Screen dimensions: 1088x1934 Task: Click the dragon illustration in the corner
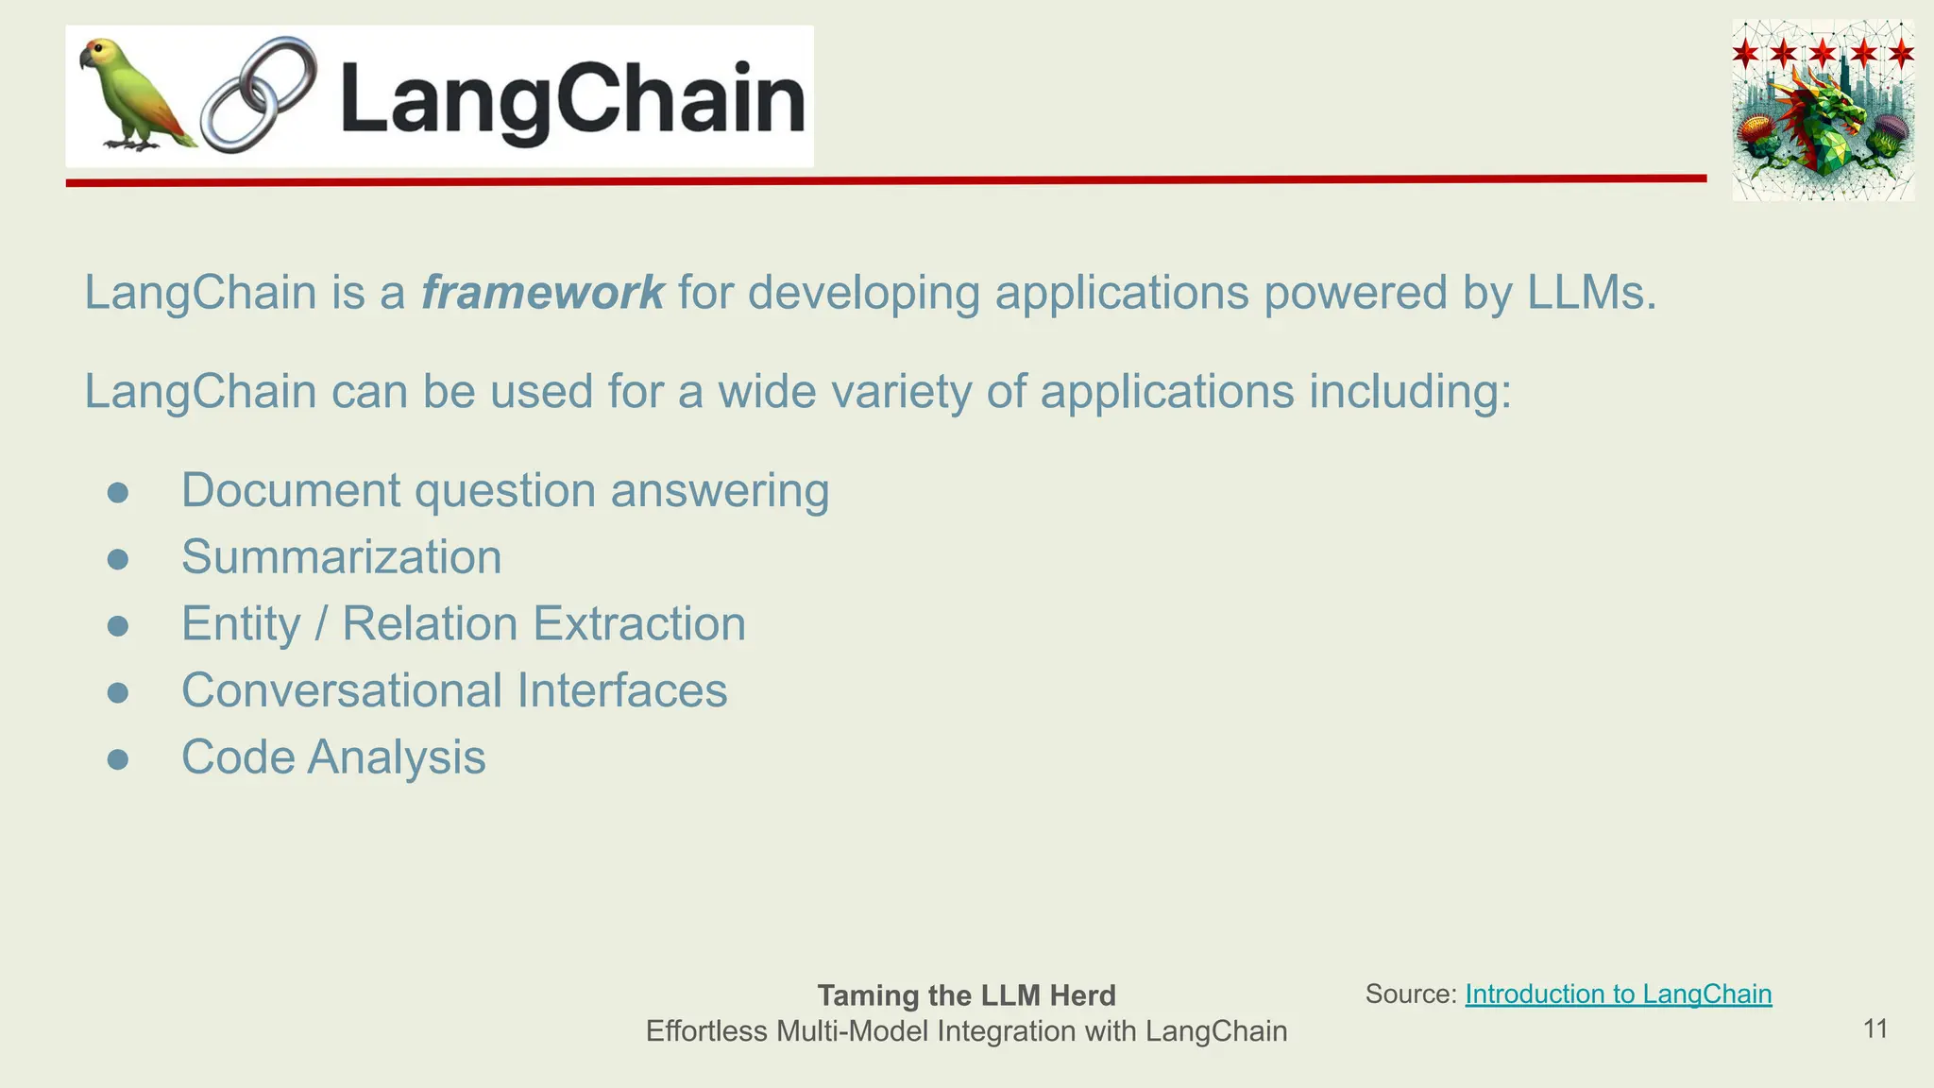pos(1823,110)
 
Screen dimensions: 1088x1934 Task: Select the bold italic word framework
pos(542,292)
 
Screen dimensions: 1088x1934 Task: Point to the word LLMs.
pos(1591,292)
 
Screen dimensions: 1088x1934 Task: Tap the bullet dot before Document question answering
pos(118,493)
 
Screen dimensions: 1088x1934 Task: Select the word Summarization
pos(341,557)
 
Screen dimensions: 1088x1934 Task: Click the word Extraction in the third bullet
pos(639,624)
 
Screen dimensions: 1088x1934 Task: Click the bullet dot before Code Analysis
pos(118,759)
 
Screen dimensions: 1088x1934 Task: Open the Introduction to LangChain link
pos(1618,994)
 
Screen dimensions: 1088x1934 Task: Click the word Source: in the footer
pos(1411,994)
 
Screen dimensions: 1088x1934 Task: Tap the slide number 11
pos(1875,1028)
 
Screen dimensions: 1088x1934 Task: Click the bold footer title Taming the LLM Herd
pos(966,995)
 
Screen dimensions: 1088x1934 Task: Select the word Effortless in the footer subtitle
pos(706,1031)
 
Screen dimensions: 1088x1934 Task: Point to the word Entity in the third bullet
pos(241,624)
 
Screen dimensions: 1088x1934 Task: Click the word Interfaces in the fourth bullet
pos(621,690)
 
